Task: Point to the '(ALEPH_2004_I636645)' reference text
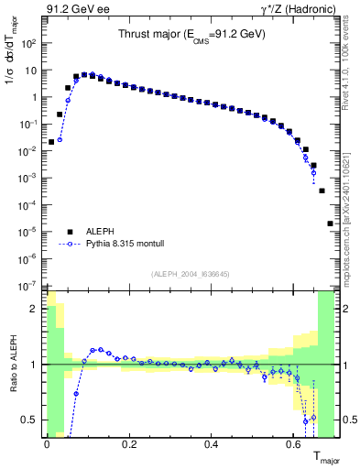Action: click(x=190, y=273)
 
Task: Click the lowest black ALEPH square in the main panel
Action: click(x=330, y=224)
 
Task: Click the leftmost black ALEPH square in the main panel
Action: click(x=51, y=142)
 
